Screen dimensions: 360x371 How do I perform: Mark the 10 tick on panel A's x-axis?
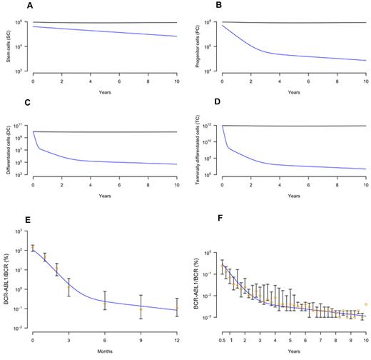[x=176, y=84]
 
